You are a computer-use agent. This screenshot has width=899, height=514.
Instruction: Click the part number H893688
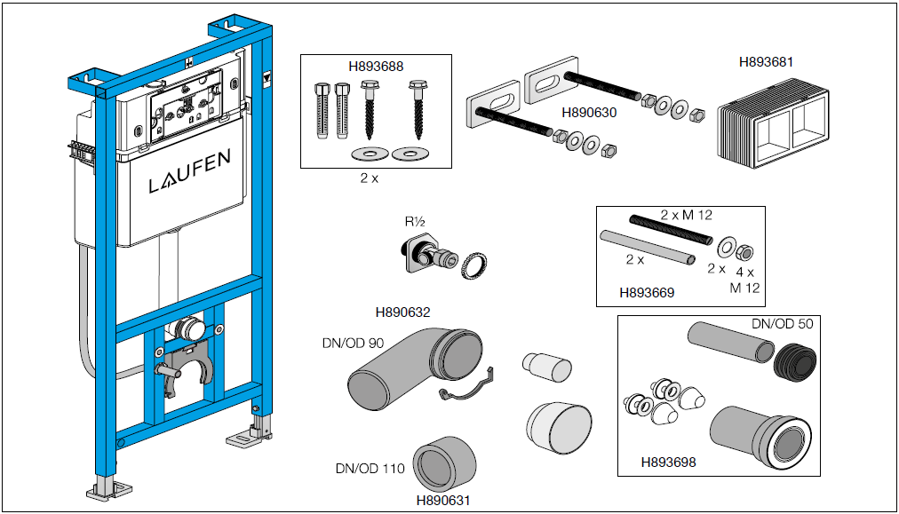(x=376, y=65)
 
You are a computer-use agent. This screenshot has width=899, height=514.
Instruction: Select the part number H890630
(x=589, y=113)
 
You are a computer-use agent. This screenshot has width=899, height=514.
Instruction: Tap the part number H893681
(x=766, y=62)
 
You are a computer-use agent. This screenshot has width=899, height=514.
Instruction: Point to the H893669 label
(x=647, y=291)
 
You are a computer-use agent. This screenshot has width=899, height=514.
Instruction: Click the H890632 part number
(x=402, y=312)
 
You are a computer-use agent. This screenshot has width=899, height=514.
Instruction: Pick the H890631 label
(x=443, y=500)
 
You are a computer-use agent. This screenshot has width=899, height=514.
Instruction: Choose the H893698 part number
(x=668, y=462)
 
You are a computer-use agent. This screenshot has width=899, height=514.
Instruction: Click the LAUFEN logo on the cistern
(x=190, y=183)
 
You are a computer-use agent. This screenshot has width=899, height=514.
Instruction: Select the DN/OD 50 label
(x=782, y=323)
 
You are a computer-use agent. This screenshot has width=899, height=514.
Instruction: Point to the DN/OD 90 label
(x=353, y=343)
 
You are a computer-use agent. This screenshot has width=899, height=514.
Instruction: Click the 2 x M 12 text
(x=686, y=215)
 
